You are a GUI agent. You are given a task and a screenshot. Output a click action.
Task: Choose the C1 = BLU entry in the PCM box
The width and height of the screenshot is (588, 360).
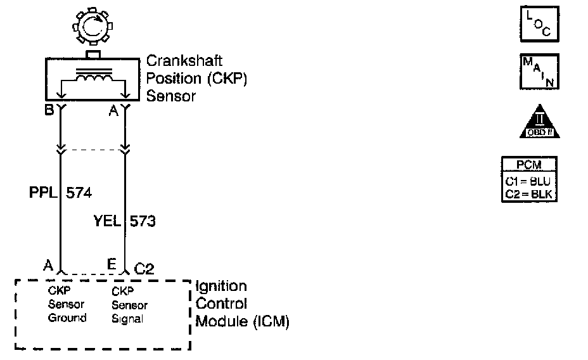click(530, 182)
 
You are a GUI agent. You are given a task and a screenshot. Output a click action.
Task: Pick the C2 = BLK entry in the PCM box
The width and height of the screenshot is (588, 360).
click(530, 195)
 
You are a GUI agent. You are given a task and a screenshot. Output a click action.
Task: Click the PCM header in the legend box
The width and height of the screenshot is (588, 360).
click(530, 166)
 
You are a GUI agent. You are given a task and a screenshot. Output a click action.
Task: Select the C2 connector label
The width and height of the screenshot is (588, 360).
click(144, 269)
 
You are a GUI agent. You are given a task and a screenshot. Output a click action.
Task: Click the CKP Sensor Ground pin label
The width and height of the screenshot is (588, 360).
click(67, 305)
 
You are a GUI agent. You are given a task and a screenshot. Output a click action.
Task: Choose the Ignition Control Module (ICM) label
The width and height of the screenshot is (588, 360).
click(242, 304)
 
